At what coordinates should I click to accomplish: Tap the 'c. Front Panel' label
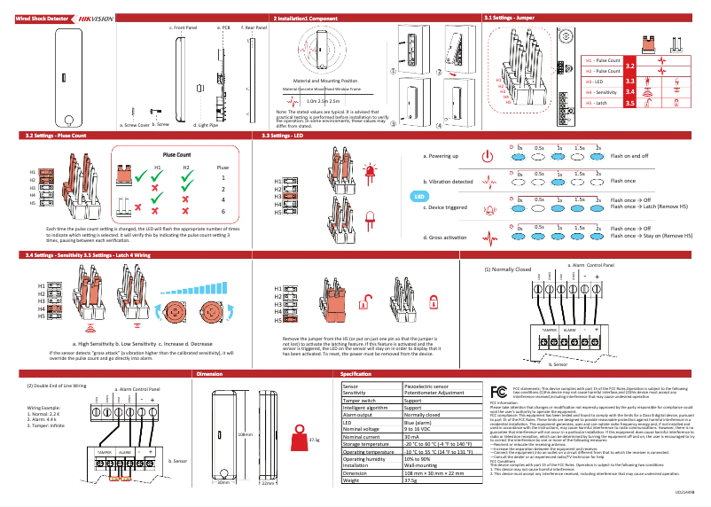[183, 28]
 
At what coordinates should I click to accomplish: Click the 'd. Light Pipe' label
[206, 126]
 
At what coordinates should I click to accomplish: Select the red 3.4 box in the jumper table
[630, 91]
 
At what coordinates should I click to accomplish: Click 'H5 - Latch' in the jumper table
[602, 103]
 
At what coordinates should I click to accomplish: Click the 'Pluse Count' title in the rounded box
[177, 154]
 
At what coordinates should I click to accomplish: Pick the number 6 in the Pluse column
[223, 212]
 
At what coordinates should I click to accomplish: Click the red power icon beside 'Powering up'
[487, 156]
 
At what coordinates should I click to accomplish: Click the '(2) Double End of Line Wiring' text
[57, 386]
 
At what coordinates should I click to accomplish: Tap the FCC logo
[499, 392]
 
